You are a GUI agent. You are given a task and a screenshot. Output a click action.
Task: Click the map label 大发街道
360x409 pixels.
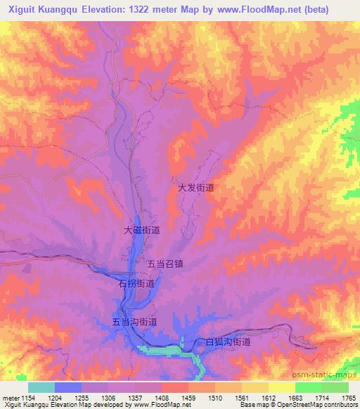195,188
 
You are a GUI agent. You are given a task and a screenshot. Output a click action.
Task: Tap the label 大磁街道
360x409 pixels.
142,230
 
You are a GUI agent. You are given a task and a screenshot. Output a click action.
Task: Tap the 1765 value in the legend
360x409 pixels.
349,398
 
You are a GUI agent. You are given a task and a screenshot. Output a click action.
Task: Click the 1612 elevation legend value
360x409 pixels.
268,398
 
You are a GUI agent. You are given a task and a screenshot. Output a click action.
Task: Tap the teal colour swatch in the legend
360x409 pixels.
41,387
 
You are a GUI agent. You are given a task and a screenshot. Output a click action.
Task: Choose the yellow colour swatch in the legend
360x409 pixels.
282,387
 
